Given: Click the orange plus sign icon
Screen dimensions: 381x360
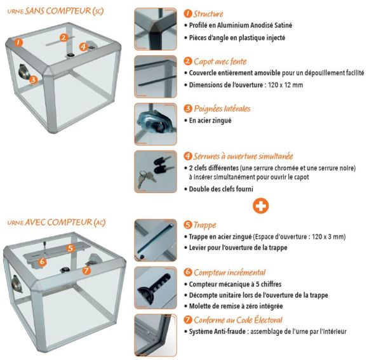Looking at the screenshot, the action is point(260,206).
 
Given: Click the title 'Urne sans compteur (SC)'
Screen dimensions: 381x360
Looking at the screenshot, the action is point(56,11).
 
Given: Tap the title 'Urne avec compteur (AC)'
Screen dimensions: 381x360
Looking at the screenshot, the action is point(57,222).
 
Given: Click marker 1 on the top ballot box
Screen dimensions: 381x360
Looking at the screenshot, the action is point(18,43).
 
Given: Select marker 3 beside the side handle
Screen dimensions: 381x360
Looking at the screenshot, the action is point(33,79).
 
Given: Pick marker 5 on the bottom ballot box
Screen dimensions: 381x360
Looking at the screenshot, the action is point(70,248).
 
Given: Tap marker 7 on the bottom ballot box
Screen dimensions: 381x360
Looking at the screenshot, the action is point(86,270).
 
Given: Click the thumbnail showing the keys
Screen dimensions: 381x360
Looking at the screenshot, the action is point(156,171).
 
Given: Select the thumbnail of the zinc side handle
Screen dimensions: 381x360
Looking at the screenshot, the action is point(156,124).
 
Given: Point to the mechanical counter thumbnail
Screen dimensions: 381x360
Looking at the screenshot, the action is point(156,288).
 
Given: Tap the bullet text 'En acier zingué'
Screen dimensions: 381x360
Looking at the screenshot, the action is point(210,121).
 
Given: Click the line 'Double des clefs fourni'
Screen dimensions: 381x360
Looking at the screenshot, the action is point(221,189).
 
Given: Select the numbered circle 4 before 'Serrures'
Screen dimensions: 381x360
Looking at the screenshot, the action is point(188,156).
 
